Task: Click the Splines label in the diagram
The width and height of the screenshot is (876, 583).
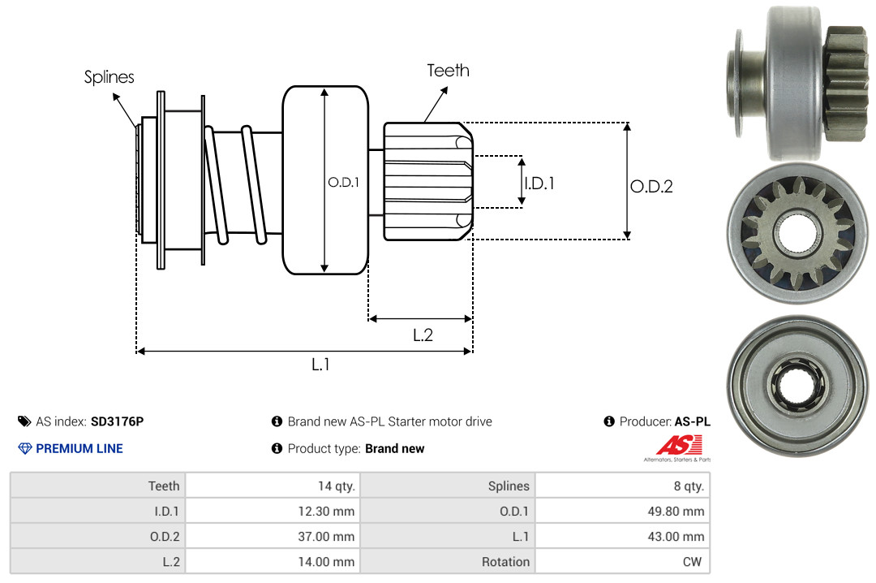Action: pyautogui.click(x=109, y=77)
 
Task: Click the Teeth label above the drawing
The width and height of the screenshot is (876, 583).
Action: pyautogui.click(x=448, y=71)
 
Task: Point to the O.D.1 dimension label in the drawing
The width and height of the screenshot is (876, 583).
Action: pyautogui.click(x=344, y=182)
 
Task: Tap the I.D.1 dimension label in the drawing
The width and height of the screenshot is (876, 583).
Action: pyautogui.click(x=539, y=183)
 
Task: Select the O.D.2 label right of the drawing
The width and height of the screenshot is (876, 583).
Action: pyautogui.click(x=651, y=186)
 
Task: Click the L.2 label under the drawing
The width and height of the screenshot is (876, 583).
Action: pyautogui.click(x=423, y=335)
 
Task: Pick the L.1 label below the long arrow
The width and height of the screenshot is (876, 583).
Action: pyautogui.click(x=320, y=365)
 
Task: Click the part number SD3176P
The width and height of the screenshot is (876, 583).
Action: pyautogui.click(x=118, y=421)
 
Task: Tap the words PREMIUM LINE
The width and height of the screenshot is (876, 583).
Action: pyautogui.click(x=79, y=448)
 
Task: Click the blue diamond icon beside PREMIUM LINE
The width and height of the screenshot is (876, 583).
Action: pyautogui.click(x=25, y=448)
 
